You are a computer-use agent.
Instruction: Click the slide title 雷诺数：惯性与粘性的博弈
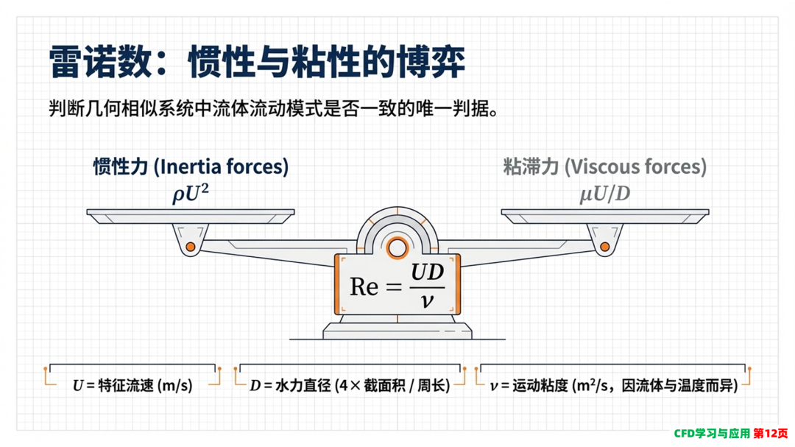[x=257, y=63]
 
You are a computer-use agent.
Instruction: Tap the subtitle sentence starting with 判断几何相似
[x=273, y=108]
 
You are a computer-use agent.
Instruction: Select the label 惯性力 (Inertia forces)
[x=191, y=166]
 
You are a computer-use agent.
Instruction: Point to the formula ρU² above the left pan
[x=191, y=194]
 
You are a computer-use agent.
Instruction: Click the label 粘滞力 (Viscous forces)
[x=605, y=166]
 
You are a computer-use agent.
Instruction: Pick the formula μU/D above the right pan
[x=605, y=194]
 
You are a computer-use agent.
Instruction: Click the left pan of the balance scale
[x=191, y=217]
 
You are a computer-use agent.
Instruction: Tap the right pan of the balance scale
[x=605, y=217]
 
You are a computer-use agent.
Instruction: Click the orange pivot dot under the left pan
[x=191, y=247]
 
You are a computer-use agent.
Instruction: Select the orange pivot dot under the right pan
[x=605, y=247]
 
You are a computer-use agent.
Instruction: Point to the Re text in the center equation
[x=364, y=286]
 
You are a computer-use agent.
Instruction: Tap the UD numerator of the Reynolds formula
[x=427, y=272]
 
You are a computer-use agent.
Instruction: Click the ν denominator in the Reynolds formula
[x=427, y=301]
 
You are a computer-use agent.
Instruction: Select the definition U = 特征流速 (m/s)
[x=132, y=386]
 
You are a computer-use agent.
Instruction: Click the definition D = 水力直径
[x=350, y=386]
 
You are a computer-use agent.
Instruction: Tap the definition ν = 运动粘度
[x=613, y=386]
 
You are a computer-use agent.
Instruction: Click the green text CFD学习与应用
[x=712, y=433]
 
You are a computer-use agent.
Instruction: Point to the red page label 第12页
[x=771, y=433]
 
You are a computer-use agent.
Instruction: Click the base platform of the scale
[x=397, y=331]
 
